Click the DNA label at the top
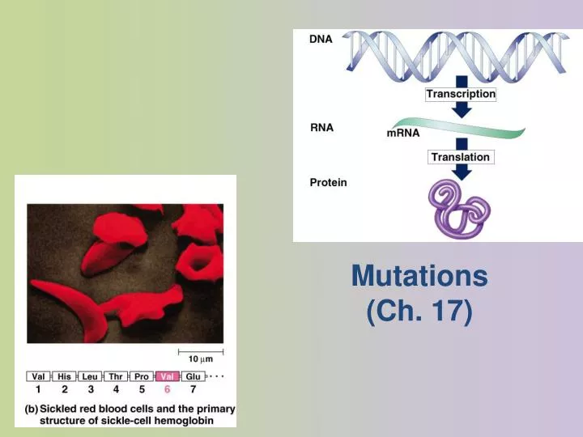321,39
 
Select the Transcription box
461,94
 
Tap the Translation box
460,157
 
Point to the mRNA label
403,134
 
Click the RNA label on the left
321,128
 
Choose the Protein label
328,182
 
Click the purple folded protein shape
460,209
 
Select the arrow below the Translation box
462,172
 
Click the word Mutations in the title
419,276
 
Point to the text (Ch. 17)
419,311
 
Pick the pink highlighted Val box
168,376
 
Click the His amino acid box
65,376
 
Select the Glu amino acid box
193,376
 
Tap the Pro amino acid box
142,376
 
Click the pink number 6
168,389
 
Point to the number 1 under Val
38,389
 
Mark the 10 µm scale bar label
201,358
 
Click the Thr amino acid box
116,376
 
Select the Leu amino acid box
91,376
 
